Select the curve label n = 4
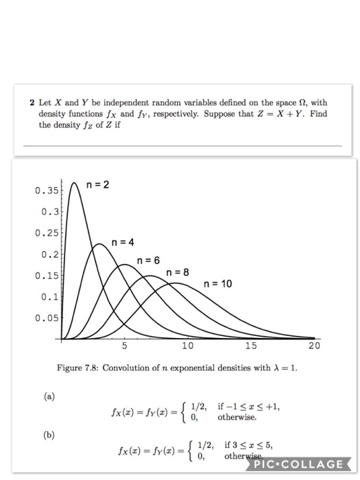[125, 242]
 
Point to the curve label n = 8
[177, 273]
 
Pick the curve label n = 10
[217, 284]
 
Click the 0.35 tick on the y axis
[46, 191]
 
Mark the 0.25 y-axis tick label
[46, 234]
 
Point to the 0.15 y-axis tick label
[46, 276]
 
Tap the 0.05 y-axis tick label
[46, 318]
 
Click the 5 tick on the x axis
[124, 346]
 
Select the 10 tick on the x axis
[187, 346]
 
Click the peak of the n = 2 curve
[73, 183]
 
